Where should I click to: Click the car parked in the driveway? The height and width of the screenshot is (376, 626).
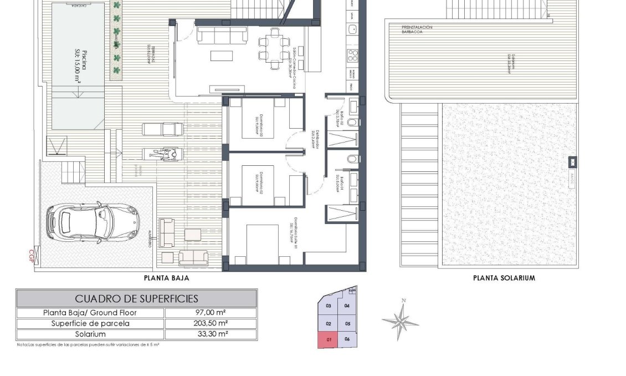pos(93,223)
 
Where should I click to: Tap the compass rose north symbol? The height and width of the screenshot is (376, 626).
pos(400,319)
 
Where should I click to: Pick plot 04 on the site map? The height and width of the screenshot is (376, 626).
pos(347,306)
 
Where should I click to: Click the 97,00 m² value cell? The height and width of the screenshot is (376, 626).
pos(211,313)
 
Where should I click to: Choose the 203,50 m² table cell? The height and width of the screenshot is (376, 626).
pos(211,323)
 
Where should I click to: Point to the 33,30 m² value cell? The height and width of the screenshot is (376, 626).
pos(211,334)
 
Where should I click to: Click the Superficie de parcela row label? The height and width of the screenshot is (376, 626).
pos(90,323)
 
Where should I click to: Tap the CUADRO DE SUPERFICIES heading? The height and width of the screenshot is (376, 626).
pos(136,298)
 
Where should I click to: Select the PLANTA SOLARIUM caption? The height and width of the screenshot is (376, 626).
pos(504,278)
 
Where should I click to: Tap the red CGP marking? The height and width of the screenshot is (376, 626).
pos(31,255)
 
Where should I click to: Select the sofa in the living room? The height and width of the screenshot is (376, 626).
pos(222,35)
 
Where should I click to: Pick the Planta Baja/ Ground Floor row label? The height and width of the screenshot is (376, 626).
pos(90,313)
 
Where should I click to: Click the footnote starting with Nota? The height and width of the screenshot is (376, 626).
pos(89,344)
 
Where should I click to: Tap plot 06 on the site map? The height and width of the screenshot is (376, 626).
pos(347,339)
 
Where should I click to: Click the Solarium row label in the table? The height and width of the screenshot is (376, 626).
pos(90,334)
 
